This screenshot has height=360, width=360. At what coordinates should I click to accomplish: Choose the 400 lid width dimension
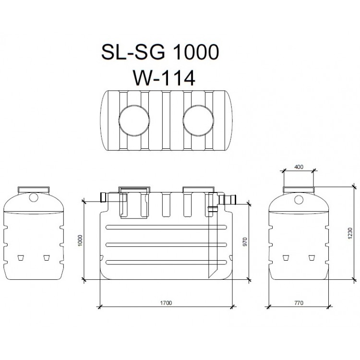299,167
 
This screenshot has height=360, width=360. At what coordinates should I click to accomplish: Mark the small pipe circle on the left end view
33,197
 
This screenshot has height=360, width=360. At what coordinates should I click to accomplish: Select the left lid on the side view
134,189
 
